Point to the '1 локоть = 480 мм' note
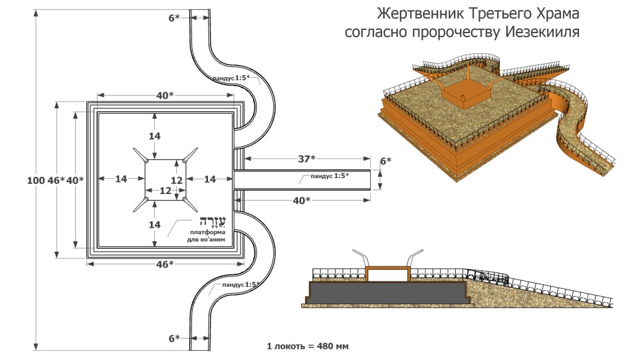click(308, 347)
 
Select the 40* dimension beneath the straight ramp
click(303, 200)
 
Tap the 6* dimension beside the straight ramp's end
click(385, 161)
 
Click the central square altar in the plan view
click(165, 179)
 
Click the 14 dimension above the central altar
click(154, 135)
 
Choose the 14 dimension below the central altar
click(154, 225)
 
